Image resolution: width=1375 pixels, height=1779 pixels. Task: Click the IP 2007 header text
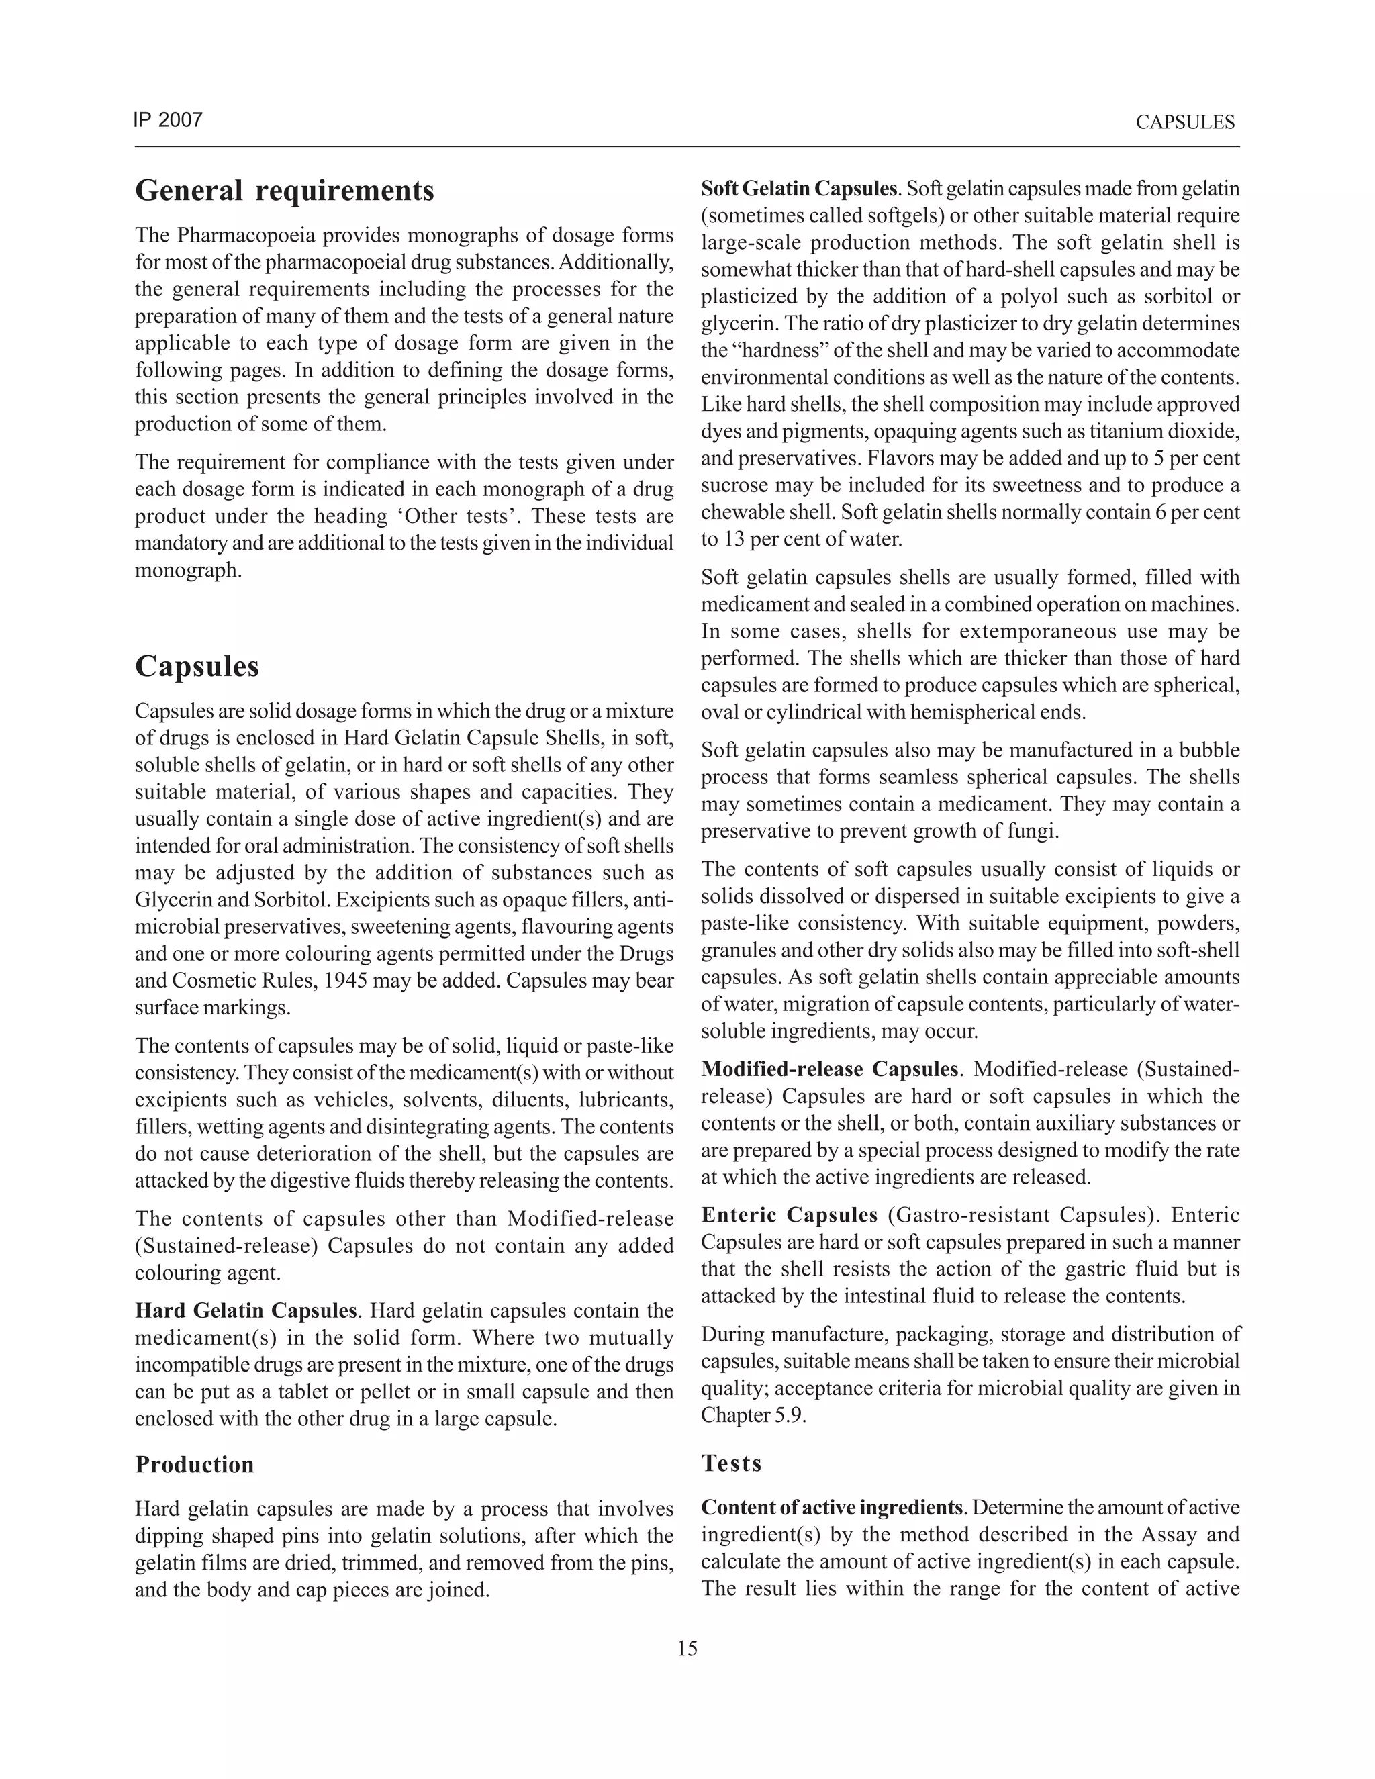168,121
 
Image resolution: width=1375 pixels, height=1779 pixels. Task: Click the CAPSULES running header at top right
1184,123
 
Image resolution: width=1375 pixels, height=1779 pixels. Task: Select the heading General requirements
284,191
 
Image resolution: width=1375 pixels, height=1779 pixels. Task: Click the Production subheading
195,1465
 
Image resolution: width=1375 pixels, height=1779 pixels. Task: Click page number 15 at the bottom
687,1649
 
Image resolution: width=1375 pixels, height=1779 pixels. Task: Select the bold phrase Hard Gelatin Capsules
246,1310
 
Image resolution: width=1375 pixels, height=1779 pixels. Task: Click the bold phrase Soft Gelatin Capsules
798,189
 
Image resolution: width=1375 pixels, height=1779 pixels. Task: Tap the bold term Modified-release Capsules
829,1069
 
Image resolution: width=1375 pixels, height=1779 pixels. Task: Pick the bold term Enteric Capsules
788,1215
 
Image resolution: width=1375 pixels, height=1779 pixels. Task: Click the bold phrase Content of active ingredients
831,1508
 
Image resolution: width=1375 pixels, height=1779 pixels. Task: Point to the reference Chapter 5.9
753,1415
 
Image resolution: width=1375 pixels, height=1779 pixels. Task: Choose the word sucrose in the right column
734,486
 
